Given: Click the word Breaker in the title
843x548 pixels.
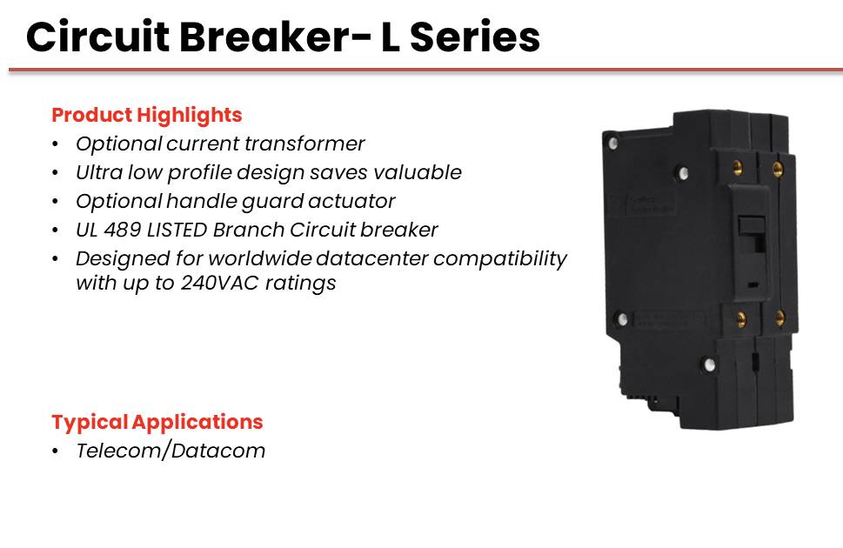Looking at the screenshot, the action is tap(274, 37).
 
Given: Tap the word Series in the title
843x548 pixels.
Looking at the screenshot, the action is tap(475, 37).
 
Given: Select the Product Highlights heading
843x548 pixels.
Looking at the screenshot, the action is tap(147, 115).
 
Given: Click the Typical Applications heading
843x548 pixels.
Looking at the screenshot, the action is tap(157, 422).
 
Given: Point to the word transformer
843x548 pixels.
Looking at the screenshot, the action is tap(304, 144).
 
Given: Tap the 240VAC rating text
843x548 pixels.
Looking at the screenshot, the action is tap(220, 283).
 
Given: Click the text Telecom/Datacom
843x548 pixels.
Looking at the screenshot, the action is tap(171, 451).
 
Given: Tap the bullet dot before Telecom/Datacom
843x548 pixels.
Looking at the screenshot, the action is tap(56, 451).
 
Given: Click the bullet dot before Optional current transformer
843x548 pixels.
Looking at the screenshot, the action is tap(56, 144).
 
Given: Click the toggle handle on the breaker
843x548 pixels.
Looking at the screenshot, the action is tap(752, 232).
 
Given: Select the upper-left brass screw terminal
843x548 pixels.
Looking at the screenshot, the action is tap(738, 168).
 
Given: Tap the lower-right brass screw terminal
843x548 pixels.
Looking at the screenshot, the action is tap(779, 317).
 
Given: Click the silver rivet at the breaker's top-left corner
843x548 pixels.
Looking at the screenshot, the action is tap(613, 143).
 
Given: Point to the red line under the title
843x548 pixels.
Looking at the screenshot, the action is tap(425, 70).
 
